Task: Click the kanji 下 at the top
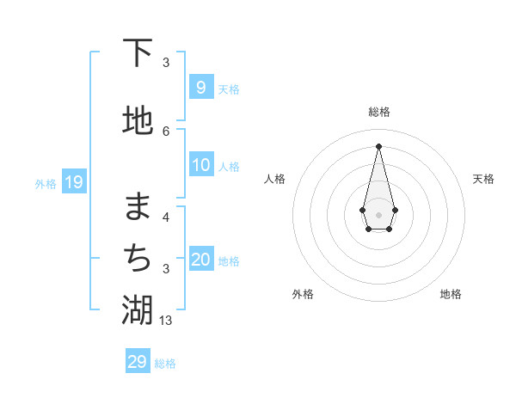(138, 53)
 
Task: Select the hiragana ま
(138, 206)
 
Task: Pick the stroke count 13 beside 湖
(167, 320)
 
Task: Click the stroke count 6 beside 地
(166, 131)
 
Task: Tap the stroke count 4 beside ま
(166, 217)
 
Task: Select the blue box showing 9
(200, 88)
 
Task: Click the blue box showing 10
(201, 166)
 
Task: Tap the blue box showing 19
(73, 182)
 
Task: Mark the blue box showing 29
(137, 362)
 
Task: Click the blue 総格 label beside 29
(165, 364)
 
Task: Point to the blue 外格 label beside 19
(46, 183)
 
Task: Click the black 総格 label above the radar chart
(378, 112)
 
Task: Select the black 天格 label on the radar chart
(483, 179)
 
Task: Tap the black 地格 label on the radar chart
(451, 294)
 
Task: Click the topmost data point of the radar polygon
(378, 145)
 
